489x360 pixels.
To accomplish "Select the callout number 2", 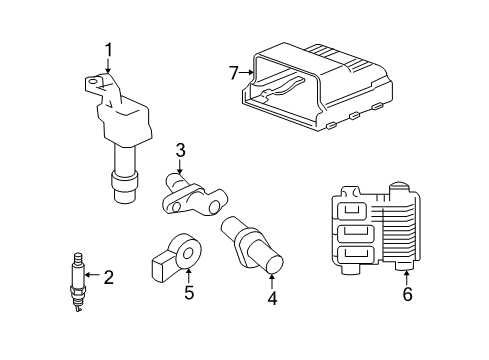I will click(109, 277).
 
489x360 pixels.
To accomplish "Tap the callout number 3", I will click(180, 151).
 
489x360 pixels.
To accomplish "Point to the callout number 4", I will click(272, 297).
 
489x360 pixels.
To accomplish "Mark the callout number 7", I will click(233, 72).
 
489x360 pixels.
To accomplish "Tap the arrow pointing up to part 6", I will click(407, 277).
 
